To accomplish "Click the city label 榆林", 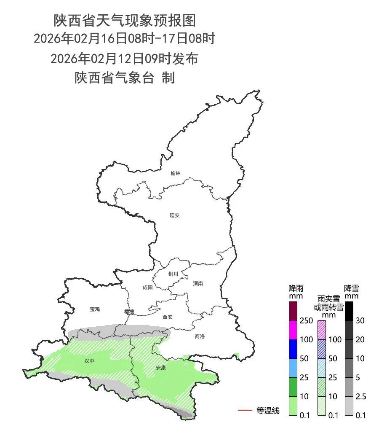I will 175,173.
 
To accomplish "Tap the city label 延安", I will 174,215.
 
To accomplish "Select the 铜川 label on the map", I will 173,274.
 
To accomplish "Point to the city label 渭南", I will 198,284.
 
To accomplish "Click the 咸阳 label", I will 148,288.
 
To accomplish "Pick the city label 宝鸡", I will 95,309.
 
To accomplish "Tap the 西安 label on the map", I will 168,317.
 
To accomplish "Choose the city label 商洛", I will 200,336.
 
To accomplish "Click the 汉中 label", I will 89,361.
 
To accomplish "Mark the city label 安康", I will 161,368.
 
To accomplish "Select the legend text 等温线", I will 268,410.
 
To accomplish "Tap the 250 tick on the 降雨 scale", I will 306,321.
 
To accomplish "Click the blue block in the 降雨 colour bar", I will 293,349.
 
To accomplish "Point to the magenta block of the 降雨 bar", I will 293,330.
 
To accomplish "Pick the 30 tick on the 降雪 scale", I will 360,321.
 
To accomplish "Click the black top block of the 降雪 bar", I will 349,311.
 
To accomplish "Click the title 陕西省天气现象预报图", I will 125,20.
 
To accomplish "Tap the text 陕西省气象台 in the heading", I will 114,78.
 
